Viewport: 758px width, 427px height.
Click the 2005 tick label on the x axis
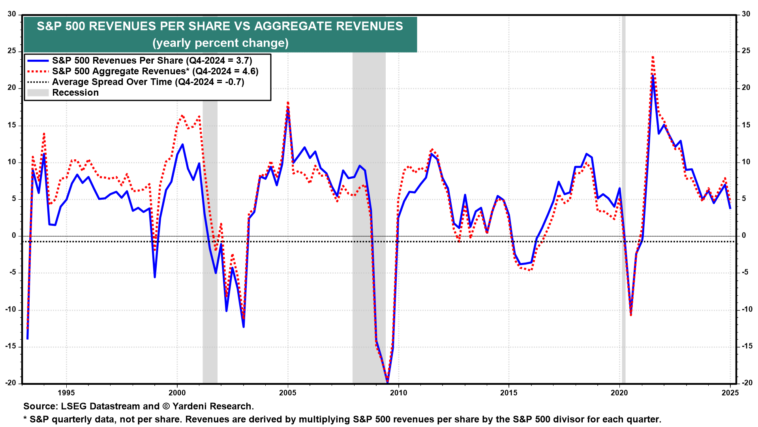[287, 393]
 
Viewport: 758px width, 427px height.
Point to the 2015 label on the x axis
[508, 393]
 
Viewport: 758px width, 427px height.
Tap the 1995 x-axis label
[66, 393]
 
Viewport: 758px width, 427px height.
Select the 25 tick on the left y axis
[12, 51]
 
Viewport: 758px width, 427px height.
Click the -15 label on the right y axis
[747, 346]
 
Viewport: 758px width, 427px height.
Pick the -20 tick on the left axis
[11, 383]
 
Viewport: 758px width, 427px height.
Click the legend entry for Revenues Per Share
[152, 60]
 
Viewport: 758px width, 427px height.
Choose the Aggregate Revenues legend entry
[155, 71]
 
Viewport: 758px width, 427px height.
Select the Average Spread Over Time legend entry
[148, 82]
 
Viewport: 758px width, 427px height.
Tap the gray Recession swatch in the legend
[38, 93]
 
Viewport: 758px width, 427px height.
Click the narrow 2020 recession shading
[624, 198]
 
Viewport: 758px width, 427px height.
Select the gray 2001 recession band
[210, 198]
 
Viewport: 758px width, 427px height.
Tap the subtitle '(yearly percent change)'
[220, 43]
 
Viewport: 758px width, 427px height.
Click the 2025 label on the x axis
[730, 393]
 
